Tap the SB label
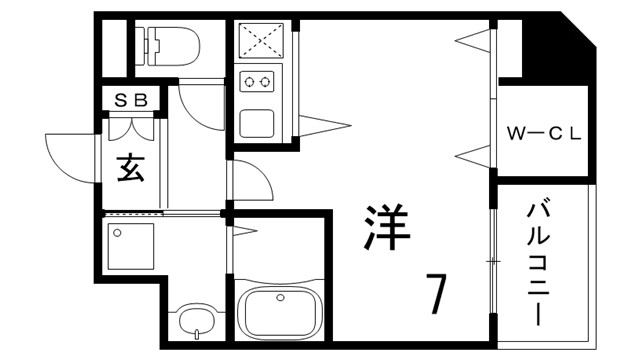(x=131, y=100)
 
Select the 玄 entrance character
(x=131, y=168)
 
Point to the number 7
(x=437, y=293)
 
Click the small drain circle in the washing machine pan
(x=118, y=233)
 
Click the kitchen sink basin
(x=258, y=123)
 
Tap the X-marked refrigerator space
(x=259, y=40)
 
